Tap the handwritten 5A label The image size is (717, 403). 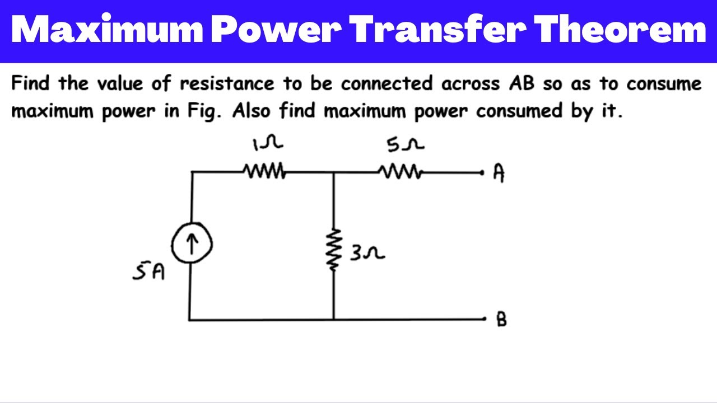(x=149, y=273)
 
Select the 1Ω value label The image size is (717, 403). (x=267, y=144)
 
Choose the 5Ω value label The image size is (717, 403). (x=404, y=145)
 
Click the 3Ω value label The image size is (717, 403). (x=367, y=254)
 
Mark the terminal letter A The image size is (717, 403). (x=499, y=173)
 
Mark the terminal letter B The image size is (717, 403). (x=501, y=320)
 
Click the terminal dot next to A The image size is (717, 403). (x=482, y=173)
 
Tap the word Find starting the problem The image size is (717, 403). (x=31, y=84)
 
